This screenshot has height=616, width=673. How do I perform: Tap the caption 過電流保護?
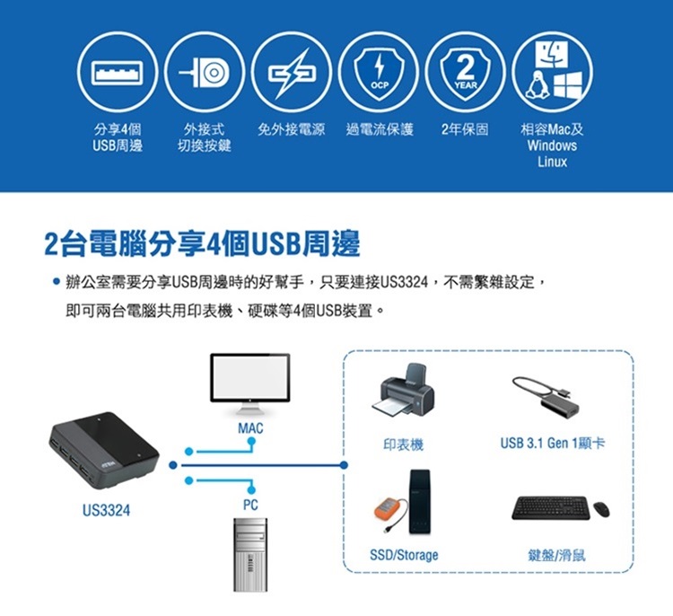point(380,130)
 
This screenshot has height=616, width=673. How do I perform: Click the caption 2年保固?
point(466,130)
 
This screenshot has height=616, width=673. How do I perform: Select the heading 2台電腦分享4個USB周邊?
point(202,243)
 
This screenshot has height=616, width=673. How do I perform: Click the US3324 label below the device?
point(105,511)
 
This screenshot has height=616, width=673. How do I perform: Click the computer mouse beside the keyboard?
point(600,509)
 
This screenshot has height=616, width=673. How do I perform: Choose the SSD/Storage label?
point(404,555)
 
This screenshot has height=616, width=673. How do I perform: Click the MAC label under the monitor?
point(250,430)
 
